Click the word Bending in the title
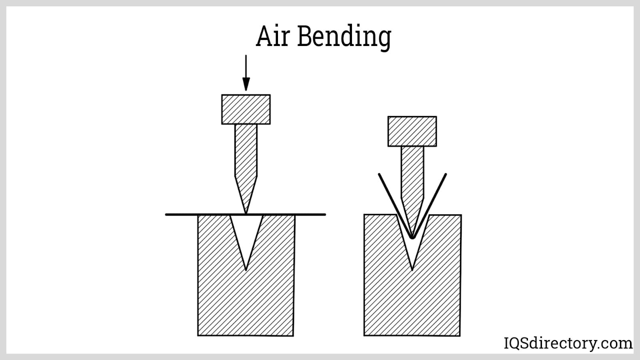pos(344,37)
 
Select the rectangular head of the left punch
pos(246,109)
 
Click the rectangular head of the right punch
pos(412,131)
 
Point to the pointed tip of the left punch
pos(246,213)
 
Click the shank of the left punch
pos(246,150)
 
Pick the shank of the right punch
pos(412,172)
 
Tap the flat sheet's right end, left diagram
pos(324,215)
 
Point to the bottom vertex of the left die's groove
pos(246,270)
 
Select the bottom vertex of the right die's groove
pos(412,270)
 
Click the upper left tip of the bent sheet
pos(379,174)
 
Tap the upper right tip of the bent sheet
pos(446,174)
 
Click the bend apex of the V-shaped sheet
pos(412,238)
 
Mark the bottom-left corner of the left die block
pos(198,335)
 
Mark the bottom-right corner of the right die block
pos(460,335)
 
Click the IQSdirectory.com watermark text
pos(568,343)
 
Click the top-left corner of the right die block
pos(364,215)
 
